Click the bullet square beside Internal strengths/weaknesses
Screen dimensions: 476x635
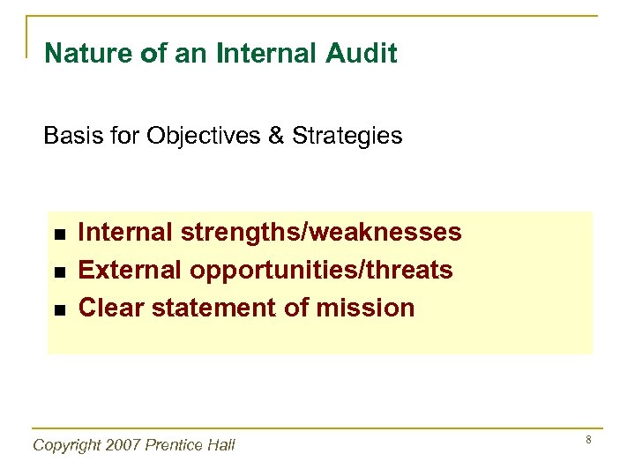tap(57, 234)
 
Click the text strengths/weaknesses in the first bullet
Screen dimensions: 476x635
tap(320, 233)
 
